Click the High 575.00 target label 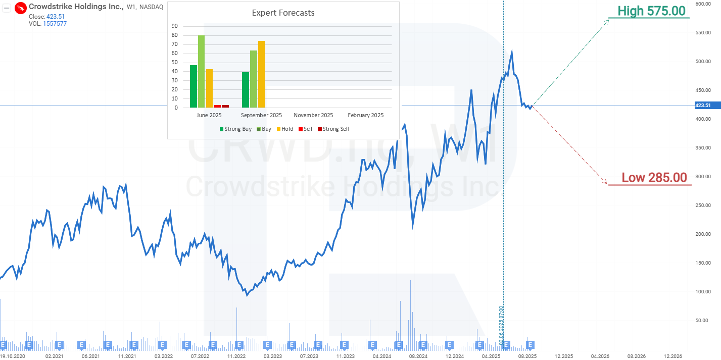[651, 11]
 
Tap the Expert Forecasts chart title [283, 13]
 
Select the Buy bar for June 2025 [201, 71]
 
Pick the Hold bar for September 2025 [261, 74]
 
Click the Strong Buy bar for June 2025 [194, 86]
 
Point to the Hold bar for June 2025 [209, 88]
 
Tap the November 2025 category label [313, 115]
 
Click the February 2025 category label [365, 115]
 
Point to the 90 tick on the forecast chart [175, 26]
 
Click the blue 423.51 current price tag [703, 106]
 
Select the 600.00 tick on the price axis [703, 4]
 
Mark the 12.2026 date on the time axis [672, 356]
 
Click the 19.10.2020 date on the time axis [13, 356]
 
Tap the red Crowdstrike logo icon [21, 8]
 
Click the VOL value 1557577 [55, 24]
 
